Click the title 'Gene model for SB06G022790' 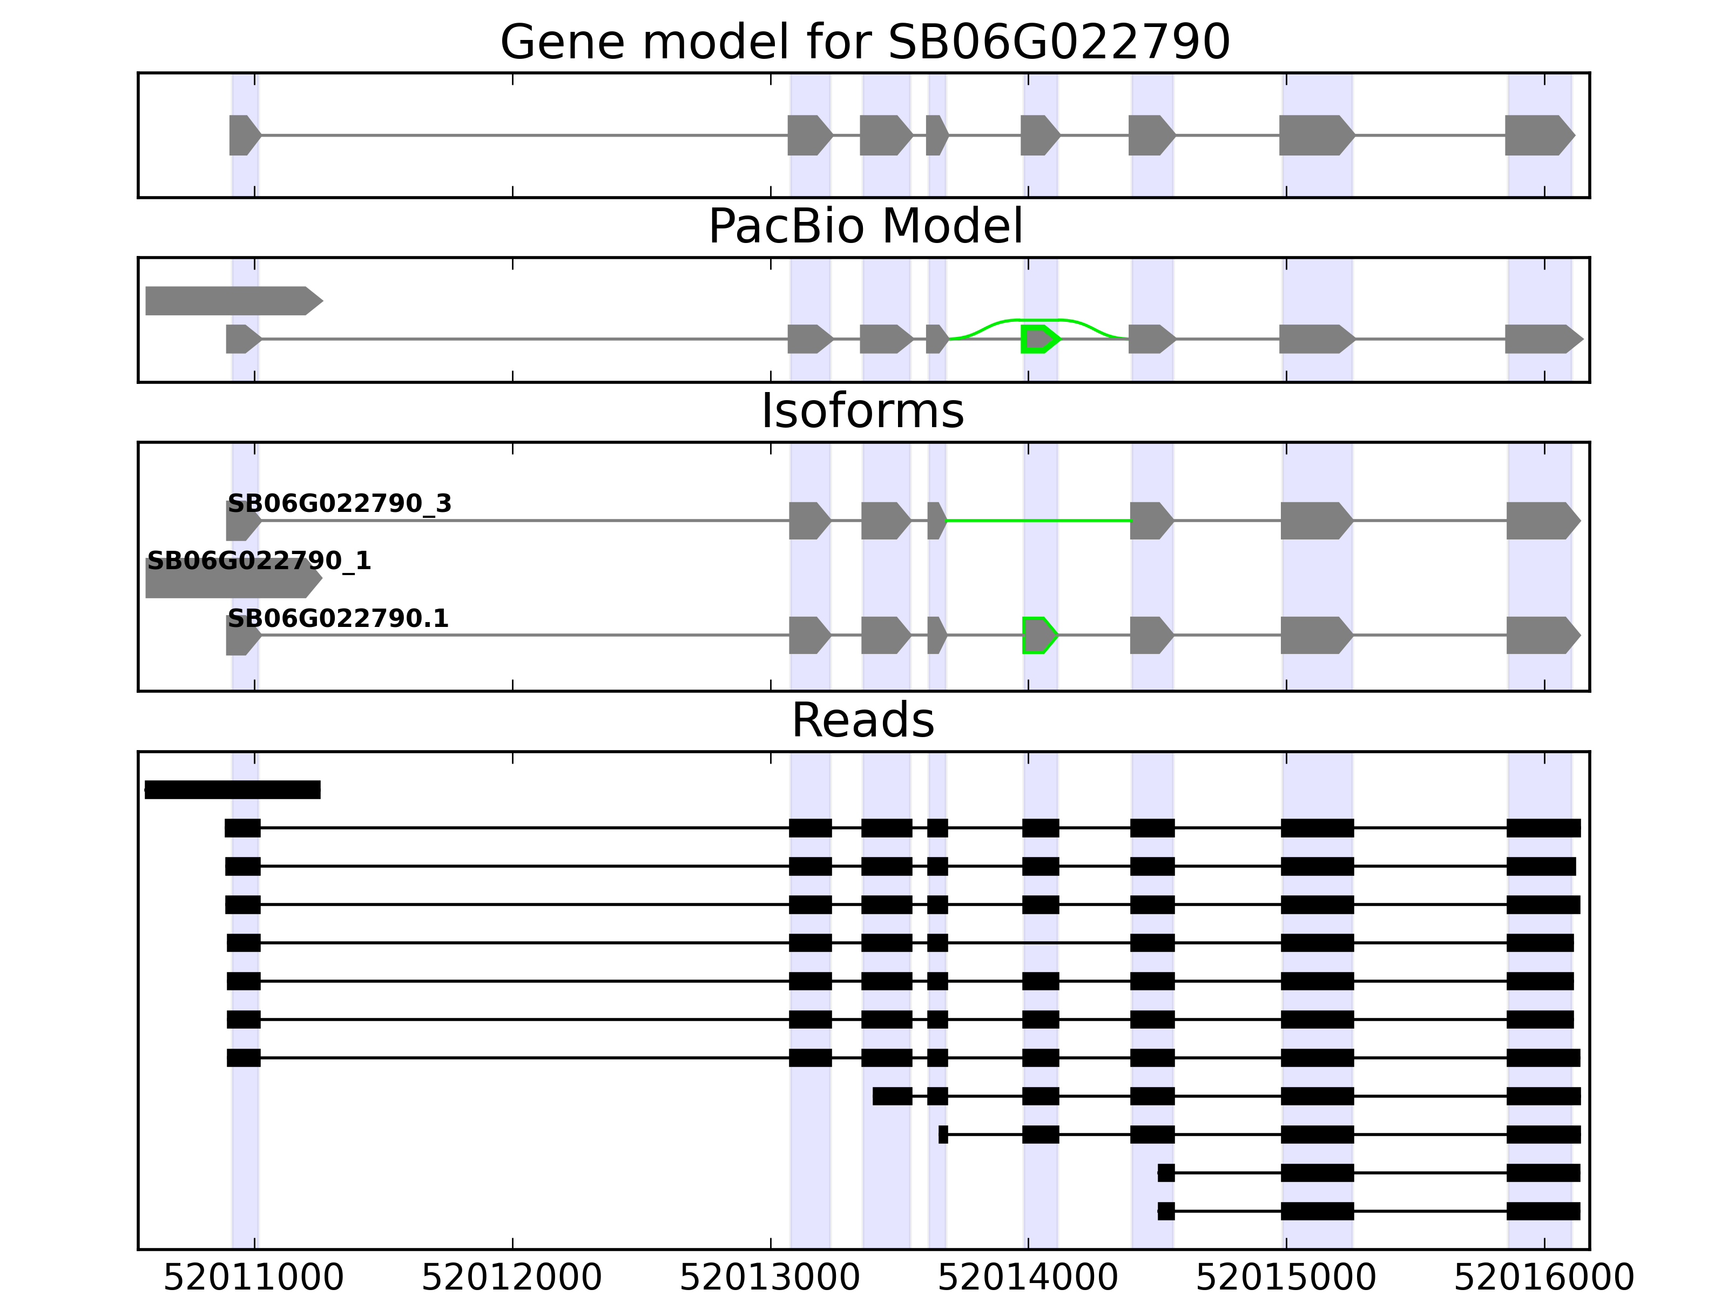[x=865, y=42]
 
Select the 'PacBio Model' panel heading [x=865, y=227]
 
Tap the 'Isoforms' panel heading [x=862, y=411]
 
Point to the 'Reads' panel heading [x=862, y=720]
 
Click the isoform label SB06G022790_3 [x=339, y=504]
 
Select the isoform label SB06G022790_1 [x=259, y=561]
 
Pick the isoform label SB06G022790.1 [x=337, y=619]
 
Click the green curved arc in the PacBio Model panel [x=1039, y=320]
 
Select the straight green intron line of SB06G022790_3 [x=1039, y=520]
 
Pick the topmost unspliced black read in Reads [x=233, y=790]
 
